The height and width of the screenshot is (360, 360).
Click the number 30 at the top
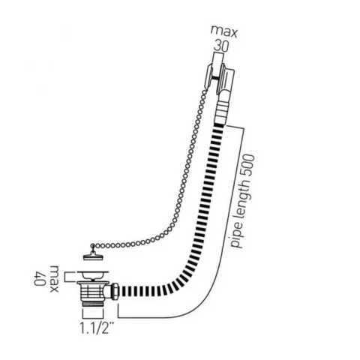click(x=220, y=46)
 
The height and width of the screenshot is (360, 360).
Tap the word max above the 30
click(x=223, y=32)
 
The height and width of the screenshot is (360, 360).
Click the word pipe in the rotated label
click(x=237, y=236)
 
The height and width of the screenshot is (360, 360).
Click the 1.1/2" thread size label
click(x=96, y=328)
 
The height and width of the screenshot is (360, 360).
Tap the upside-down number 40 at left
click(x=40, y=278)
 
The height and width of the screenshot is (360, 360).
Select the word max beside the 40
click(x=54, y=279)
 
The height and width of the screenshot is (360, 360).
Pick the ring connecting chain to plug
click(x=93, y=246)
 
